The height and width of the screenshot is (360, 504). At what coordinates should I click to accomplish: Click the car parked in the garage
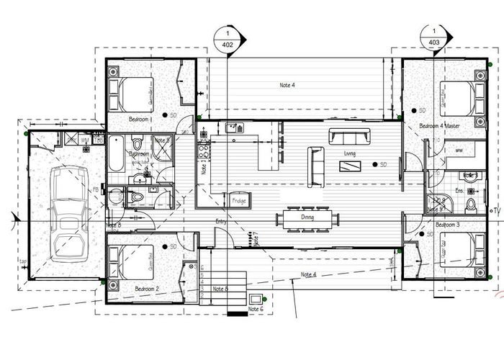tap(66, 215)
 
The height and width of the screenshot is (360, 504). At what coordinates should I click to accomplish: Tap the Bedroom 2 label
tap(147, 288)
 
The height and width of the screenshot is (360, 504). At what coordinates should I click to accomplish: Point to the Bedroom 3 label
tap(447, 225)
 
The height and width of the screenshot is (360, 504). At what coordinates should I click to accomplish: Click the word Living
tap(350, 153)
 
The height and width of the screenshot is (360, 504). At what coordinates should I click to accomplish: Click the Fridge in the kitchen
tap(239, 201)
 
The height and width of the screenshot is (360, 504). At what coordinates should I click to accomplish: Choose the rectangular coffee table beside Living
tap(351, 166)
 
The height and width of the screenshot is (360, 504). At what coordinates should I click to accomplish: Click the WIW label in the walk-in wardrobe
tap(459, 150)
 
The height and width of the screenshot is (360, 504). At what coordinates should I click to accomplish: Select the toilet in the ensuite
tap(472, 205)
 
